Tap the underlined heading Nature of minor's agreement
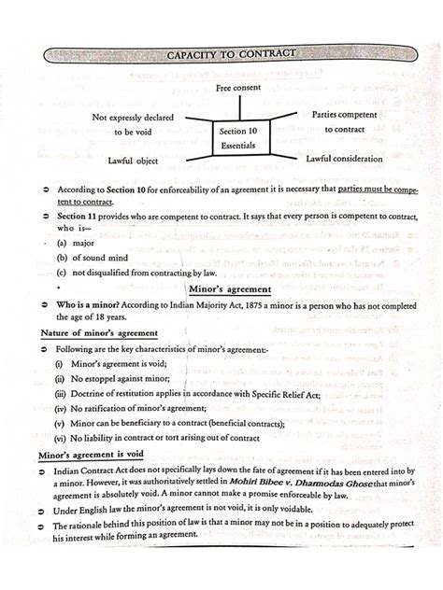pyautogui.click(x=99, y=333)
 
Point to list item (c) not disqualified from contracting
pyautogui.click(x=128, y=273)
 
